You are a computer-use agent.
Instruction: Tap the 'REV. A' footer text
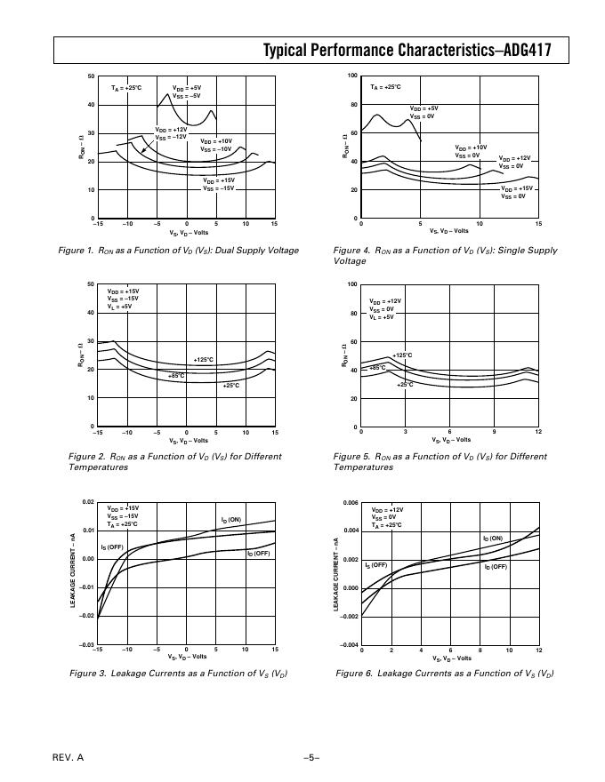tap(69, 757)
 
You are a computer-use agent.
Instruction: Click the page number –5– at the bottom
tap(311, 757)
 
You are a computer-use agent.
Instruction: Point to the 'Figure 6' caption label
tap(354, 673)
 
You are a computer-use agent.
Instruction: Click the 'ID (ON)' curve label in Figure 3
tap(231, 519)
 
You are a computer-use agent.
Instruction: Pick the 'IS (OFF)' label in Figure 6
tap(376, 564)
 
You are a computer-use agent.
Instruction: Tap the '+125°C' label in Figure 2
tap(203, 359)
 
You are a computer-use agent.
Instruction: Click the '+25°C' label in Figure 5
tap(405, 384)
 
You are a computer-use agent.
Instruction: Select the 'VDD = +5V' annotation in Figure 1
tap(187, 88)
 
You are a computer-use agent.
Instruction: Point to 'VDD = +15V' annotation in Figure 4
tap(517, 188)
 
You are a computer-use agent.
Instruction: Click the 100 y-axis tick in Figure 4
tap(352, 76)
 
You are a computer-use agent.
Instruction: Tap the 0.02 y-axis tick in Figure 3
tap(87, 502)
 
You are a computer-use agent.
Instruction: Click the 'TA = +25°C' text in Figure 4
tap(386, 87)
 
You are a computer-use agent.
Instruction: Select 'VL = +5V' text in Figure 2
tap(120, 306)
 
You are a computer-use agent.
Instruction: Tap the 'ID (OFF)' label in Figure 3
tap(259, 553)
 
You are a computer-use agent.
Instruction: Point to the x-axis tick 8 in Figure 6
tap(480, 650)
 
